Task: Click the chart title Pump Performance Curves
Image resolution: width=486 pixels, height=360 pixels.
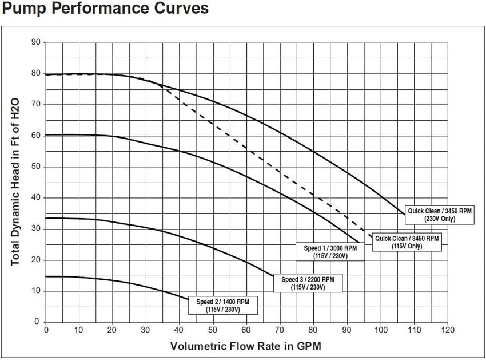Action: coord(105,9)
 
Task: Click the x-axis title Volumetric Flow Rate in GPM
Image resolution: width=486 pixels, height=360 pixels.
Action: coord(246,346)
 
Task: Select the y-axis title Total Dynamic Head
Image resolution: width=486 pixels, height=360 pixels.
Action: coord(15,182)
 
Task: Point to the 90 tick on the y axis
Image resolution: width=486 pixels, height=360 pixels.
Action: coord(36,42)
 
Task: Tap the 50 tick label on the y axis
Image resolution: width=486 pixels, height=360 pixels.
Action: coord(36,167)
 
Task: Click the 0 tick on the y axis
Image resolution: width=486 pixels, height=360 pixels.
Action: coord(37,322)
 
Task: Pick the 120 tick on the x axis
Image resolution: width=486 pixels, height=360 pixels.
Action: coord(448,330)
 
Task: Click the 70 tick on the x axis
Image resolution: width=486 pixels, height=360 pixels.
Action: coord(280,330)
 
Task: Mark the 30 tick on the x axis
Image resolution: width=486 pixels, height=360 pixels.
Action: coord(146,330)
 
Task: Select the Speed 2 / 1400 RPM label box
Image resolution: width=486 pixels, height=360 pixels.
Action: coord(223,306)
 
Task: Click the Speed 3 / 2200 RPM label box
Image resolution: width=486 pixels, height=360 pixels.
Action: coord(308,283)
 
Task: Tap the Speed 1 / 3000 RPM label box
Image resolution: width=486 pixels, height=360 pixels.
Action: coord(330,252)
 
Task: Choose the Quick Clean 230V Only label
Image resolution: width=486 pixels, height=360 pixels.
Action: coord(440,215)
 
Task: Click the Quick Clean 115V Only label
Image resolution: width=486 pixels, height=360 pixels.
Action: coord(407,242)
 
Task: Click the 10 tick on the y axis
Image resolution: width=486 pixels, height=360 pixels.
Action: coord(36,291)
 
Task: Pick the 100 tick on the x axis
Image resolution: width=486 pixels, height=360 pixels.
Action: coord(381,330)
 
